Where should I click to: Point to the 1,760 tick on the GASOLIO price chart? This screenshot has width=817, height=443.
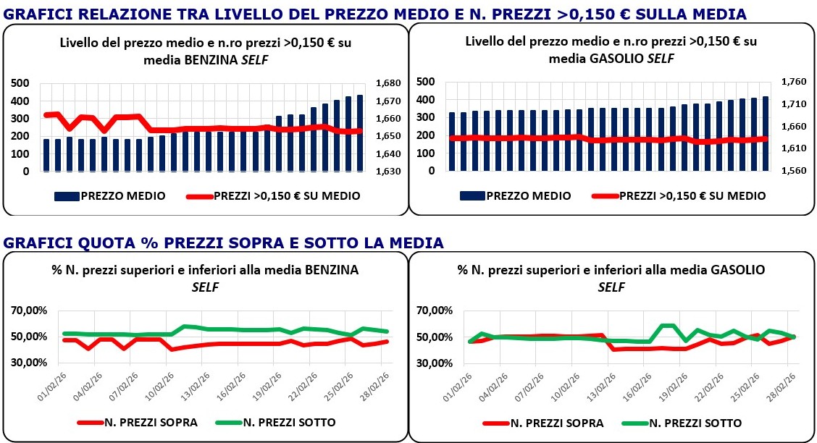tap(795, 82)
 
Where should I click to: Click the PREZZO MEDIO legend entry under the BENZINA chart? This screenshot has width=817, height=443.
tap(110, 195)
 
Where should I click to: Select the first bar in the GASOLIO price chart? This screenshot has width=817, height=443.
tap(452, 142)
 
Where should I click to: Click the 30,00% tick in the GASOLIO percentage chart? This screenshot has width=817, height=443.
tap(436, 363)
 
